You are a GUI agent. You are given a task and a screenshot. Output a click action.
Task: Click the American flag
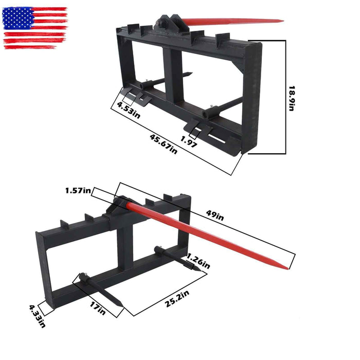(35, 28)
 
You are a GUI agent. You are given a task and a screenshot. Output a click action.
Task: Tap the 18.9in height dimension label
(292, 98)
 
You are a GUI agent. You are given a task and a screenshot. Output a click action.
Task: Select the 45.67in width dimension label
(163, 144)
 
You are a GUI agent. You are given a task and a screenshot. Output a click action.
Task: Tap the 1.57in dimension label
(78, 191)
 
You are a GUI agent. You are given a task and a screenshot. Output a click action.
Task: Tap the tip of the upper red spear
(282, 21)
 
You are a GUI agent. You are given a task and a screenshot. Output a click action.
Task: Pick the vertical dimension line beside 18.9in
(285, 98)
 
